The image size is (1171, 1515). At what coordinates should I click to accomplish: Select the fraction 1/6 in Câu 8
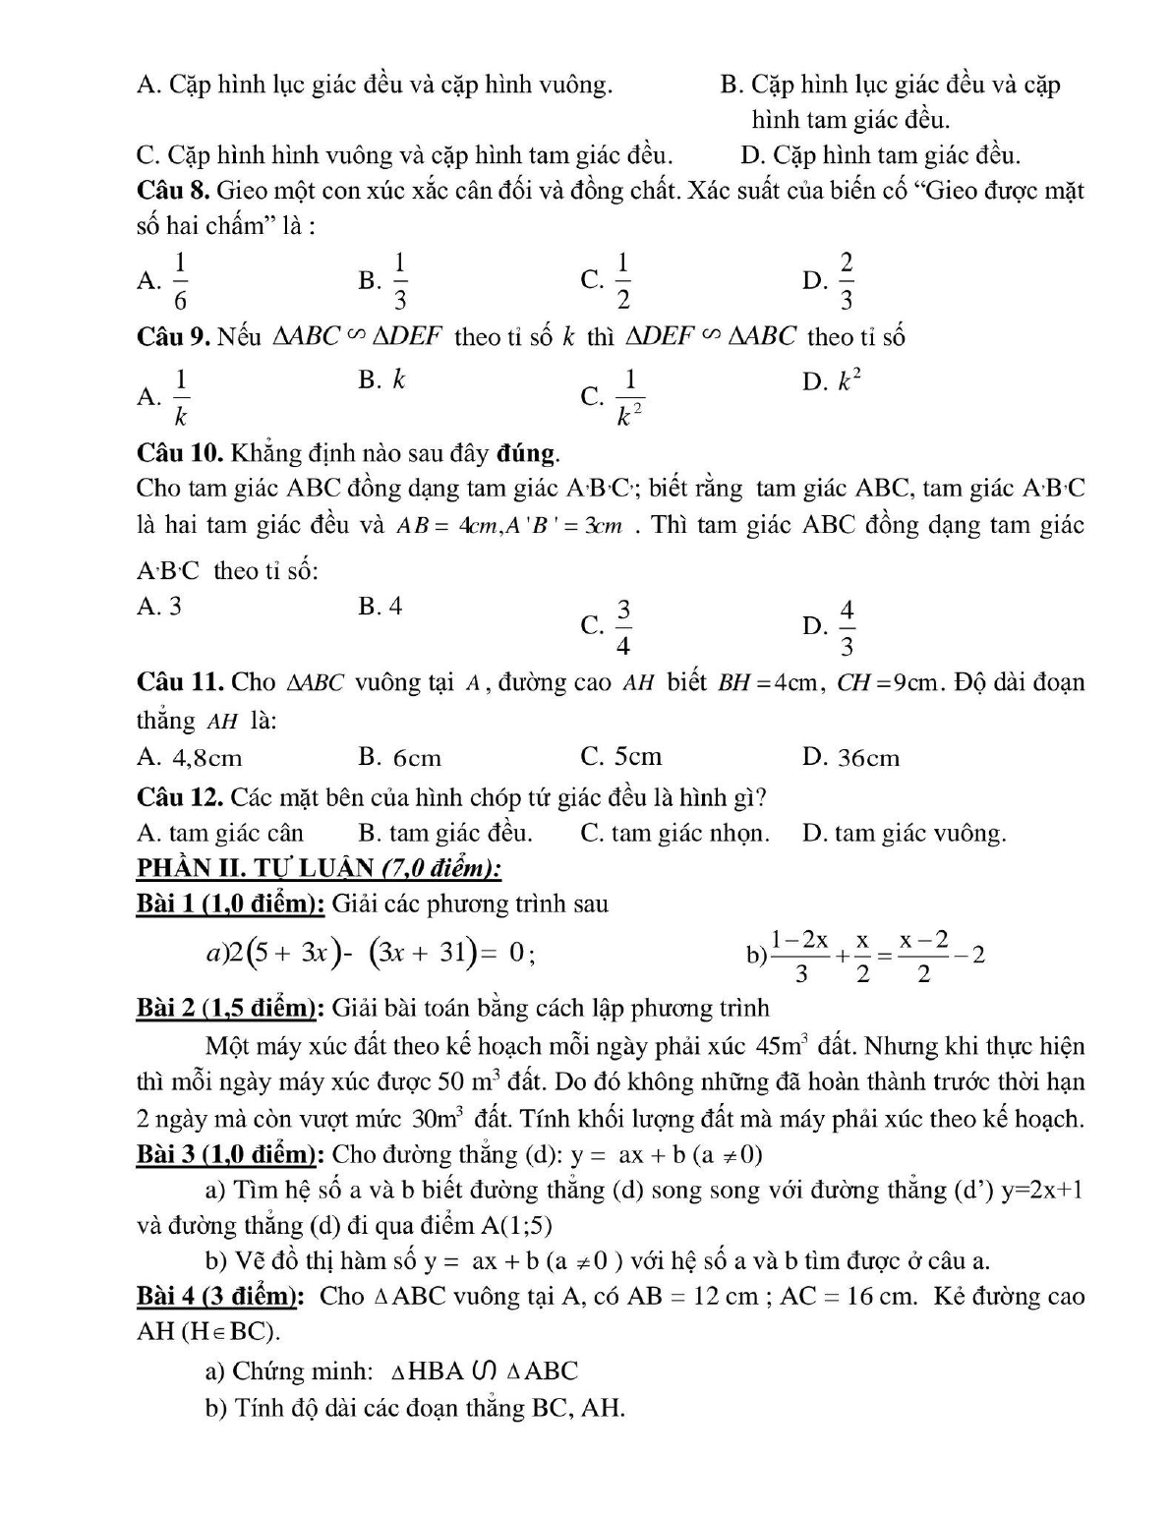[181, 281]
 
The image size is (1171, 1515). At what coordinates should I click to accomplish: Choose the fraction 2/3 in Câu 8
[847, 281]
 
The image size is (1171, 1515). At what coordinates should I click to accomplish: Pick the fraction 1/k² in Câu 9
[630, 398]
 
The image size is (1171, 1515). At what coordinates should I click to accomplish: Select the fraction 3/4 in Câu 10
[623, 626]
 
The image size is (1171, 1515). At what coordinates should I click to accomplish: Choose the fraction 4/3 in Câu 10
[847, 626]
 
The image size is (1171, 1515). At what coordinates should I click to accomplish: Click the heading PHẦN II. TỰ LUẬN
[319, 868]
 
